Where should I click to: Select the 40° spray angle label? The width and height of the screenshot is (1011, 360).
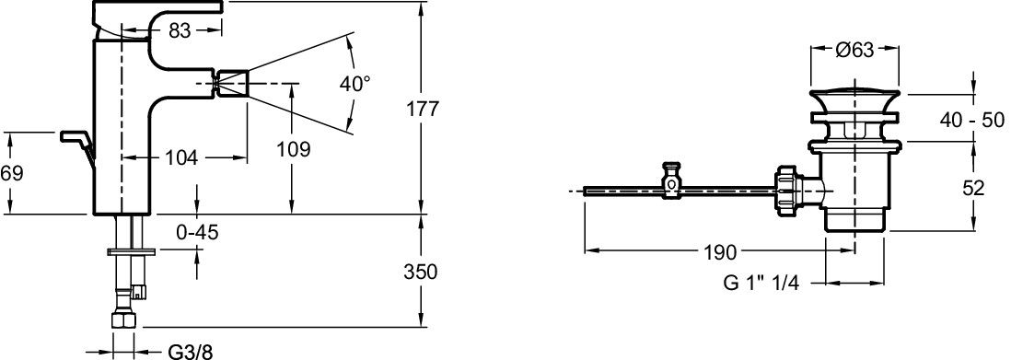(355, 84)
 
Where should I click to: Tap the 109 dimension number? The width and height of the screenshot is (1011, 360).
(294, 150)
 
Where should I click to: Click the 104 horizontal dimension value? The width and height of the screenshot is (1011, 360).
(181, 157)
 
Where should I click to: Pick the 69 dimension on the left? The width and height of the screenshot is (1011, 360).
(12, 173)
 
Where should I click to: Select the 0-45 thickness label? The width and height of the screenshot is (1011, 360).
(197, 233)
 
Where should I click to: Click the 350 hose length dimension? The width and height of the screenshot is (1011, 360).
(421, 272)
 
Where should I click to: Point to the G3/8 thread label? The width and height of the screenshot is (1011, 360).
(191, 352)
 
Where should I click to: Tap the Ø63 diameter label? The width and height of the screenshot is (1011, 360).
(854, 51)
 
